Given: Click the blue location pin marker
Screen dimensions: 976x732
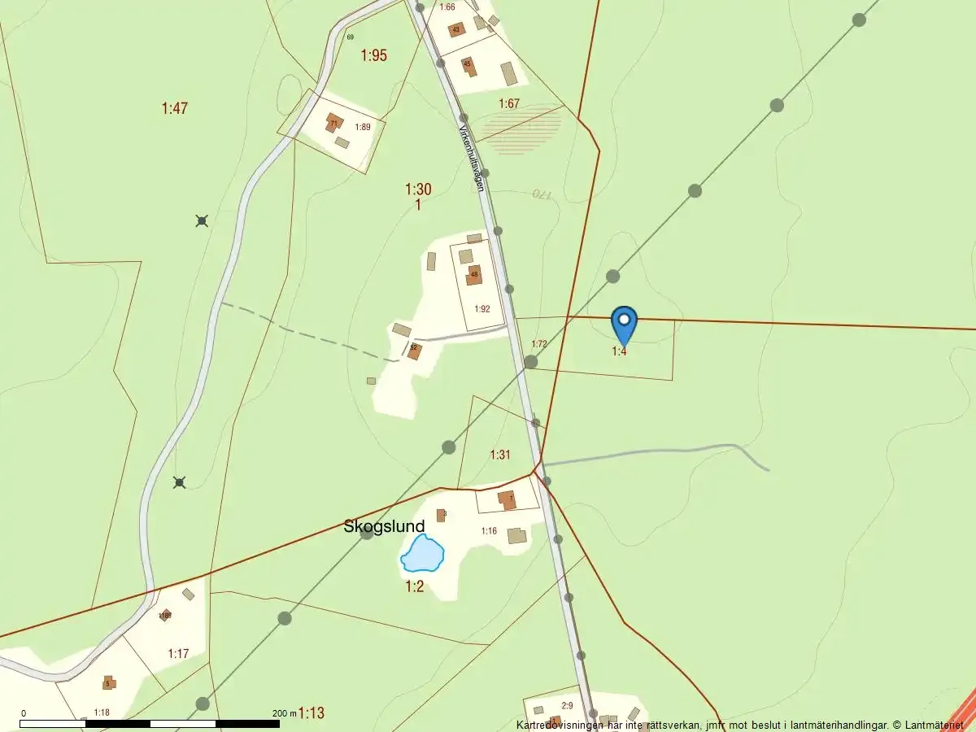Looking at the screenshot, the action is coord(624,323).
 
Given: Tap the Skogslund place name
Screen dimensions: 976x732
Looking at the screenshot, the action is coord(384,527).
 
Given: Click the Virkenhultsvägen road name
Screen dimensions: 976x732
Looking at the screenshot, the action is coord(472,158).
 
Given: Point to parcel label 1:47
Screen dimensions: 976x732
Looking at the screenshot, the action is coord(175,108).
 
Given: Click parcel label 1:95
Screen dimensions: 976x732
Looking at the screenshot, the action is coord(374,55).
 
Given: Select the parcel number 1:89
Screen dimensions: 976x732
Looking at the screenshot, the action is coord(362,127).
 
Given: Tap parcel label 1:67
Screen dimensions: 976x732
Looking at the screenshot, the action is coord(509,103).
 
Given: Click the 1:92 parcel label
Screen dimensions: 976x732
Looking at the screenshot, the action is coord(482,309).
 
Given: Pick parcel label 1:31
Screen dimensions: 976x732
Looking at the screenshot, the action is coord(500,455).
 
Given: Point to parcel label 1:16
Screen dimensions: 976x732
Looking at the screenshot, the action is coord(489,531).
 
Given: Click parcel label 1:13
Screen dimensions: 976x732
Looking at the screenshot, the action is coord(311,713).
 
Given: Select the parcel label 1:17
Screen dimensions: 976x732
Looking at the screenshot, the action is coord(178,653).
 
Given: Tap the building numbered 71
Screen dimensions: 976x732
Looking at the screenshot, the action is coord(333,124).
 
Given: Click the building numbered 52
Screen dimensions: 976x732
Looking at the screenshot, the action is coord(414,350).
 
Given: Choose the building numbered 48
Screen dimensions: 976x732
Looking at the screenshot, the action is coord(474,275).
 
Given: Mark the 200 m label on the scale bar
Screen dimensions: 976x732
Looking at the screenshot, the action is coord(285,713).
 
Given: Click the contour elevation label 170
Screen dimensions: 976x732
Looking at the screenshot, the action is coord(542,194).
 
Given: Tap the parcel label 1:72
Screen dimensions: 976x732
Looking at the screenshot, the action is coord(538,344).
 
